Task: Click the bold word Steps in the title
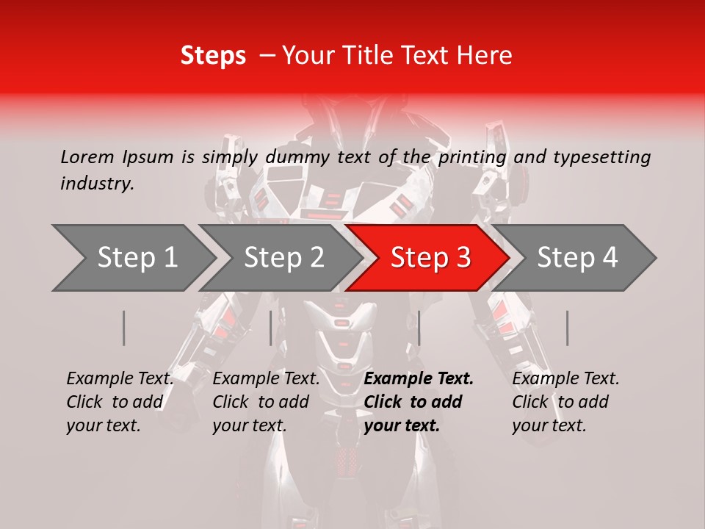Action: pos(213,56)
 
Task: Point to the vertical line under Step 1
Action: pos(124,328)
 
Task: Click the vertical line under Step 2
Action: pos(271,328)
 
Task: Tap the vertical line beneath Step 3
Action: pos(419,328)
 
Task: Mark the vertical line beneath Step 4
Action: pos(567,328)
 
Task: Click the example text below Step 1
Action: pos(120,402)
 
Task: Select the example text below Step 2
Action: pos(266,402)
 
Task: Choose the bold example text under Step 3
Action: pos(418,402)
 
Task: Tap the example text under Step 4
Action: pos(565,402)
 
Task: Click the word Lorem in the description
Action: pos(87,157)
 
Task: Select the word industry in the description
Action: pos(96,184)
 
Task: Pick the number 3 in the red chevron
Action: pos(463,258)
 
